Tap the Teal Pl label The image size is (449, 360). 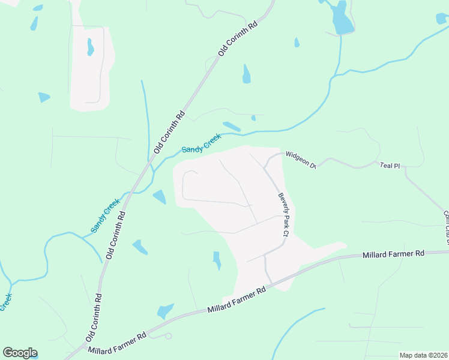pos(389,165)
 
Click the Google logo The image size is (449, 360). pos(20,353)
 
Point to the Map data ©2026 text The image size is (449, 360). pos(424,355)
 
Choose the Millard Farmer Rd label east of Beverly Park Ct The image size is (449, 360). pos(393,254)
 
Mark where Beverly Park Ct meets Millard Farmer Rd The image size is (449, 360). pos(271,284)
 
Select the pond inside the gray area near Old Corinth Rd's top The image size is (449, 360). pos(90,47)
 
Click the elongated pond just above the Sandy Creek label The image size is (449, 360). pos(232,127)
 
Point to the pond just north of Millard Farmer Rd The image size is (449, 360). pos(164,311)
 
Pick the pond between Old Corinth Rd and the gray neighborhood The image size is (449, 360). pos(160,196)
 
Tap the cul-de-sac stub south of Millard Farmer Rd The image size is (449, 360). pos(168,336)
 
